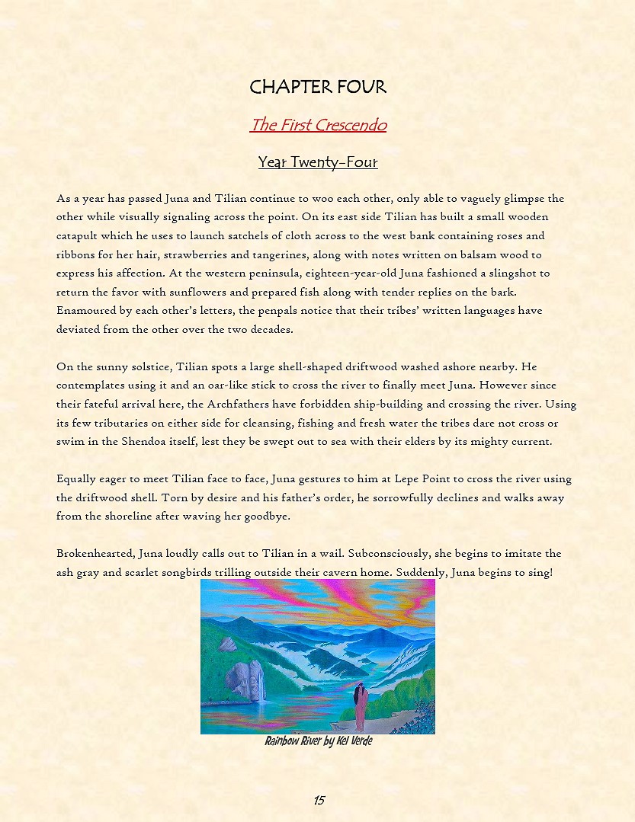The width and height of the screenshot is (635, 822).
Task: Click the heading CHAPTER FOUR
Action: (x=318, y=87)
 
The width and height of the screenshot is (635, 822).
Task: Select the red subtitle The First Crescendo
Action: (x=318, y=125)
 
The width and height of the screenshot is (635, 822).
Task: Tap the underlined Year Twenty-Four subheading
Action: (x=318, y=162)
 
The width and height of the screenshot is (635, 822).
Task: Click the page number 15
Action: (x=319, y=800)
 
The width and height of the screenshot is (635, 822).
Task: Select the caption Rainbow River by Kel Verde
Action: (x=318, y=740)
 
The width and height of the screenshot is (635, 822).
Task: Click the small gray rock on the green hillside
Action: (x=227, y=644)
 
